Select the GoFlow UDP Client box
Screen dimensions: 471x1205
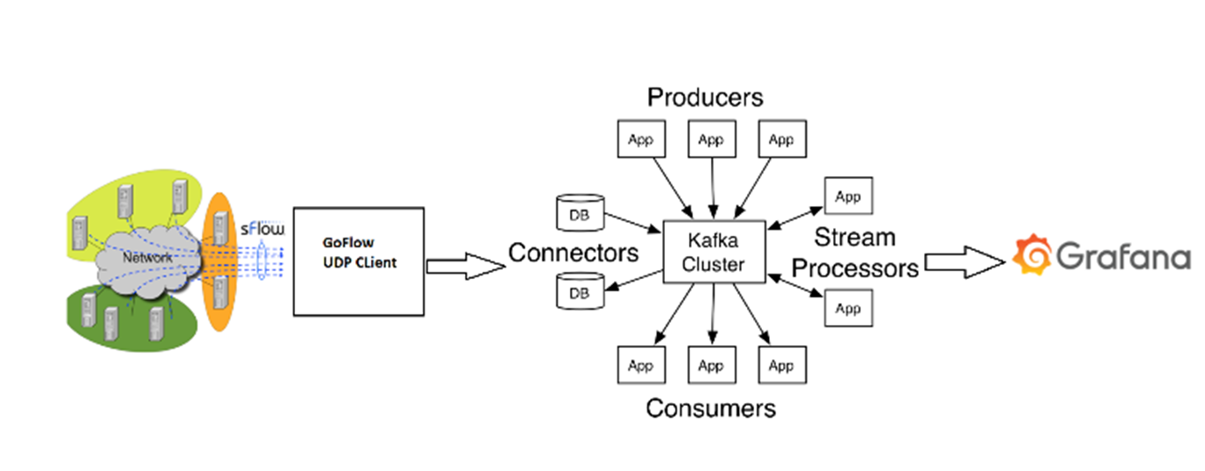pyautogui.click(x=359, y=261)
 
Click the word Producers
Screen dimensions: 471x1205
pyautogui.click(x=705, y=96)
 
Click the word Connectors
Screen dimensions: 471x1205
pyautogui.click(x=573, y=254)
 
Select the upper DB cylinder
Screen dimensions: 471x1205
pyautogui.click(x=580, y=214)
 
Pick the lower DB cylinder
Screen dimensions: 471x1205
pyautogui.click(x=580, y=292)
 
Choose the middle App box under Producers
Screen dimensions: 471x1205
pyautogui.click(x=711, y=139)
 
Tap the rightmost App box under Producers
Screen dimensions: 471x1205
pyautogui.click(x=781, y=139)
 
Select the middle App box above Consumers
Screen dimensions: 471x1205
pyautogui.click(x=711, y=365)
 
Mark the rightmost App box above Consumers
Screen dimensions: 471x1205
pyautogui.click(x=781, y=365)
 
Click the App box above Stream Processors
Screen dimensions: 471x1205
pyautogui.click(x=847, y=196)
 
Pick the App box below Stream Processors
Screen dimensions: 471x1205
pyautogui.click(x=847, y=308)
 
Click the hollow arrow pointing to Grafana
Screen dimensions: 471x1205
pyautogui.click(x=965, y=261)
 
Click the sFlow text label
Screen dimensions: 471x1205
pyautogui.click(x=263, y=230)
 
